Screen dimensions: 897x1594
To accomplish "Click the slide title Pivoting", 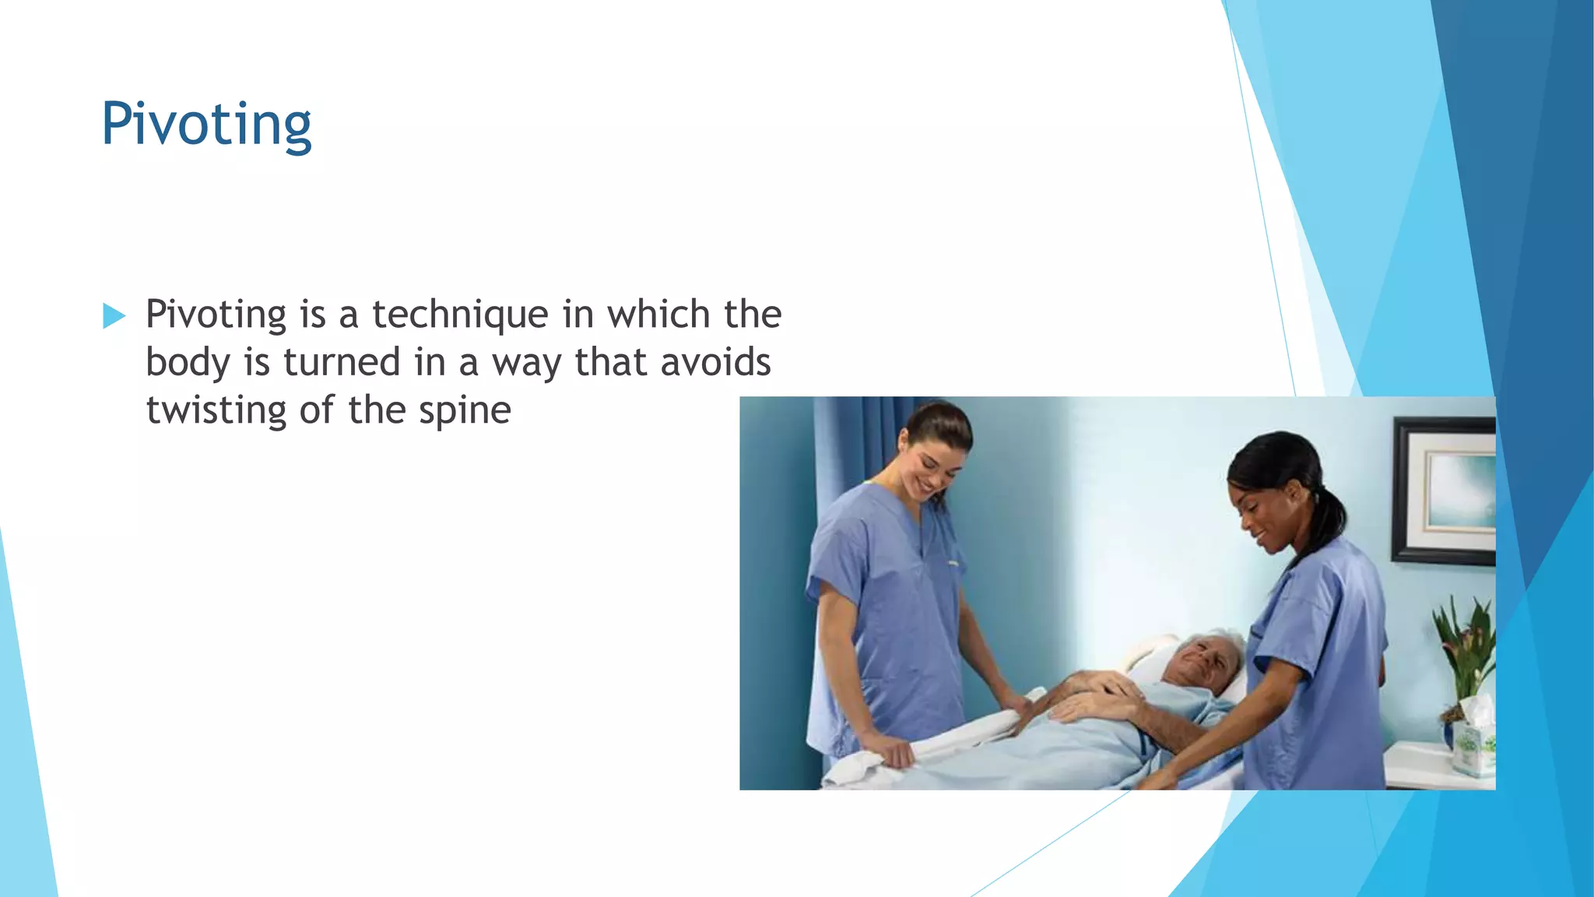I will click(x=206, y=124).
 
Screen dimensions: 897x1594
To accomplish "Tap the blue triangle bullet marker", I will click(x=114, y=316).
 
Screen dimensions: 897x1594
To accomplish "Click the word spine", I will click(x=465, y=411).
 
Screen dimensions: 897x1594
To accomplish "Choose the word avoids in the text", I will click(x=715, y=362).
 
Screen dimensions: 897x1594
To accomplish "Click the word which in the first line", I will click(x=658, y=315).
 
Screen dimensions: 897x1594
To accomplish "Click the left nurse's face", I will click(x=934, y=464).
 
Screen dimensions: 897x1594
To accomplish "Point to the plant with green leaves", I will click(x=1463, y=647).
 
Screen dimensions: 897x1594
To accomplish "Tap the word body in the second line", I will click(x=188, y=363).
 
